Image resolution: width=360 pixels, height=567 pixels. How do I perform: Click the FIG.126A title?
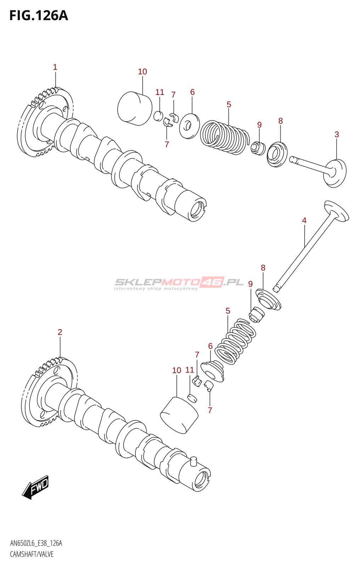pyautogui.click(x=38, y=16)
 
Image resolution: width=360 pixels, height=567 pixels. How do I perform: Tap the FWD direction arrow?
pyautogui.click(x=36, y=487)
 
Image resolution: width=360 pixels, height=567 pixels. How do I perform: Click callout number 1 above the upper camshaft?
pyautogui.click(x=55, y=67)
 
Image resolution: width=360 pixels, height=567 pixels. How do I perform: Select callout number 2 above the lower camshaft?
pyautogui.click(x=60, y=332)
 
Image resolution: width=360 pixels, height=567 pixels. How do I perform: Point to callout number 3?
pyautogui.click(x=337, y=135)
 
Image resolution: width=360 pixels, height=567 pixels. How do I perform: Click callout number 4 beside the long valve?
pyautogui.click(x=304, y=220)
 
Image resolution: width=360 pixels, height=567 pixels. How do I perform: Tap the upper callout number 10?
pyautogui.click(x=142, y=72)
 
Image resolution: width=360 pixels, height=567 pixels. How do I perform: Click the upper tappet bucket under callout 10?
pyautogui.click(x=135, y=108)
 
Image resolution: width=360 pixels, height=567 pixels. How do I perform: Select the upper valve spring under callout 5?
pyautogui.click(x=223, y=137)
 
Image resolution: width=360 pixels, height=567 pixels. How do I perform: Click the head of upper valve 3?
pyautogui.click(x=336, y=173)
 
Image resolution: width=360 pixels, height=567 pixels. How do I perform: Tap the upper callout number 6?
pyautogui.click(x=192, y=92)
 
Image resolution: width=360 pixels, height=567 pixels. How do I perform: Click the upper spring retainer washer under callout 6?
pyautogui.click(x=189, y=126)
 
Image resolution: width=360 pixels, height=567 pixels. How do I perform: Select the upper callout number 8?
pyautogui.click(x=281, y=121)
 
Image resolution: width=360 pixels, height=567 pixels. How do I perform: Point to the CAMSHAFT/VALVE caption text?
pyautogui.click(x=32, y=554)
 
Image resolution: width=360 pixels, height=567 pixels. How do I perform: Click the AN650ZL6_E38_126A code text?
pyautogui.click(x=36, y=543)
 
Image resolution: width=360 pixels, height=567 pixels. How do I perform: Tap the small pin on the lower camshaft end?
pyautogui.click(x=193, y=461)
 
